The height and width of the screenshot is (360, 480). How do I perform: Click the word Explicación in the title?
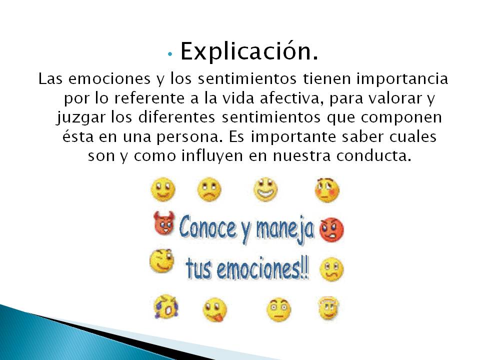click(249, 51)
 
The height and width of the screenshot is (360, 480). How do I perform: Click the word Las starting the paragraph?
click(51, 79)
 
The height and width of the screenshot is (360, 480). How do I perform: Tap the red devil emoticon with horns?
click(164, 223)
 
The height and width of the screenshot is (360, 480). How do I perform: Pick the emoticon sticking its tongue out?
click(214, 309)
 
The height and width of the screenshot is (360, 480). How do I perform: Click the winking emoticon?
click(162, 260)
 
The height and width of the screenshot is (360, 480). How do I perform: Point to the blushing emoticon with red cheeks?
click(327, 190)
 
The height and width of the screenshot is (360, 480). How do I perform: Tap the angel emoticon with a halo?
click(328, 308)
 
